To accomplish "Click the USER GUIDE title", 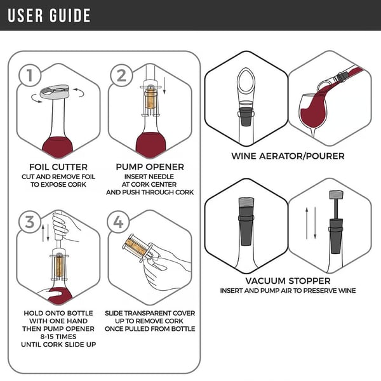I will [49, 15].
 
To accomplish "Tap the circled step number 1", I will [27, 76].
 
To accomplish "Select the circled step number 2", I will [121, 76].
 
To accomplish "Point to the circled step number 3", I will [27, 222].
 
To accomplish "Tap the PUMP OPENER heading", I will [150, 167].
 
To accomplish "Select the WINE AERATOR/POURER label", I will [288, 156].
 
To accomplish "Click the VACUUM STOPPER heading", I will [288, 280].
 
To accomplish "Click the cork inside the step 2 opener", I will [150, 99].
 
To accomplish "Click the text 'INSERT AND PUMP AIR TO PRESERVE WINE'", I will [288, 291].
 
